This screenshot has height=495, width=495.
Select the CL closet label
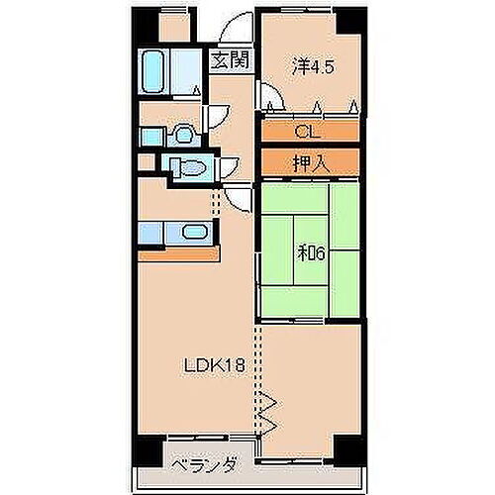(x=307, y=131)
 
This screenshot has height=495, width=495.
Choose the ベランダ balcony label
(x=201, y=464)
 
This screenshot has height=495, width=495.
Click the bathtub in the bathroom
(x=158, y=70)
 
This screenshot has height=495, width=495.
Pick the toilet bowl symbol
(x=188, y=168)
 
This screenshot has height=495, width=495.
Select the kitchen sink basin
(x=194, y=235)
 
